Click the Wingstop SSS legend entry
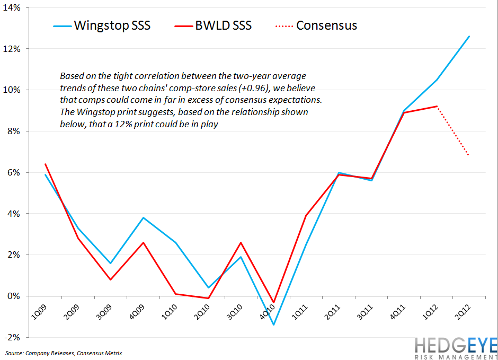[101, 25]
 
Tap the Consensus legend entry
[315, 25]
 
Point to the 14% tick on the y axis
[11, 7]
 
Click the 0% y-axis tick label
[13, 296]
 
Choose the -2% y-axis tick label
[12, 337]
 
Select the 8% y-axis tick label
[13, 131]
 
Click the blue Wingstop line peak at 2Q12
[469, 36]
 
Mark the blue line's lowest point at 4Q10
[273, 324]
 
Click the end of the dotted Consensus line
[469, 155]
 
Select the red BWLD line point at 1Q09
[46, 164]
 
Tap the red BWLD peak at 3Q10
[241, 242]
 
